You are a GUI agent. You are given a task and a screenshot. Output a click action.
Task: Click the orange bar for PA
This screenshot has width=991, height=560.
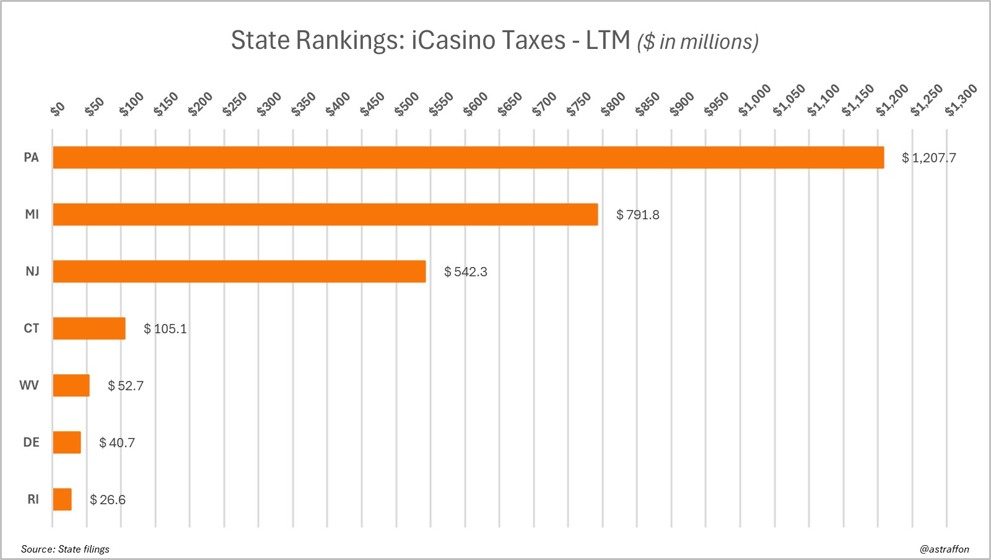pyautogui.click(x=468, y=157)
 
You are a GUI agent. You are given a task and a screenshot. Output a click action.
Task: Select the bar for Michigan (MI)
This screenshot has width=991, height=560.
pyautogui.click(x=325, y=214)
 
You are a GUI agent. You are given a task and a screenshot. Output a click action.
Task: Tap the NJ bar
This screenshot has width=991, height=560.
pyautogui.click(x=239, y=271)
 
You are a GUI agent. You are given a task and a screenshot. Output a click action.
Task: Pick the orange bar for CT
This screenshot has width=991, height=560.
pyautogui.click(x=89, y=328)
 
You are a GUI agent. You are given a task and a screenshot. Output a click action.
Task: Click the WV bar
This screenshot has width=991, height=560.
pyautogui.click(x=71, y=385)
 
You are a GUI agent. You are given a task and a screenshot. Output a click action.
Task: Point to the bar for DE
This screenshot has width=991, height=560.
pyautogui.click(x=67, y=442)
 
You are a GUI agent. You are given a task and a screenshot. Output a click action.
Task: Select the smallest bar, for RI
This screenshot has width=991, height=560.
pyautogui.click(x=62, y=499)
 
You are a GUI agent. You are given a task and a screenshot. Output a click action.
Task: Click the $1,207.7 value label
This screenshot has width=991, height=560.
pyautogui.click(x=928, y=158)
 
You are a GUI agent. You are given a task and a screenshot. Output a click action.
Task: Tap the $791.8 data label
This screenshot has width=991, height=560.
pyautogui.click(x=637, y=215)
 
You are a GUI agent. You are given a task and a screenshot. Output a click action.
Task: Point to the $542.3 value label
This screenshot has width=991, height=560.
pyautogui.click(x=465, y=272)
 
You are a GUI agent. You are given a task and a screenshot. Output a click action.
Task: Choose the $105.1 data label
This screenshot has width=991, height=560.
pyautogui.click(x=165, y=329)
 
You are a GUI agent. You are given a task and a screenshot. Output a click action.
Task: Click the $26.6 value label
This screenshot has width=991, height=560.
pyautogui.click(x=107, y=500)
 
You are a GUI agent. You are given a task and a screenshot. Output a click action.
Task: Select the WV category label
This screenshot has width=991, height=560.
pyautogui.click(x=29, y=385)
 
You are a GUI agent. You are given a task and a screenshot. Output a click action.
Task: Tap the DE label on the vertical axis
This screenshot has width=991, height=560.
pyautogui.click(x=31, y=442)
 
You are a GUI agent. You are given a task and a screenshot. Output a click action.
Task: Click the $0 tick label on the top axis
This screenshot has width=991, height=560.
pyautogui.click(x=58, y=109)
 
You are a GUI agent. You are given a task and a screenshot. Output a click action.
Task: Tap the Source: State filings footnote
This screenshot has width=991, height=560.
pyautogui.click(x=65, y=549)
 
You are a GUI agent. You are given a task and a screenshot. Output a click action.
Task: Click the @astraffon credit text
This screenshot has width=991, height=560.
pyautogui.click(x=945, y=549)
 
